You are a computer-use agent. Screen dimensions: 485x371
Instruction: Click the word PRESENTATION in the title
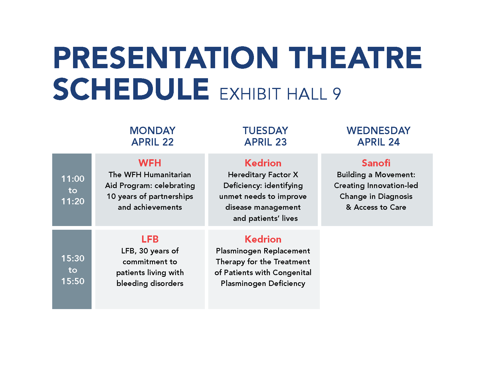[x=166, y=58]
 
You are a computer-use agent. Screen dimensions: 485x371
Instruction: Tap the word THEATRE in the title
[x=355, y=58]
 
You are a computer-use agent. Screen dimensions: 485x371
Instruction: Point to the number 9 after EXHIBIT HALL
[x=337, y=94]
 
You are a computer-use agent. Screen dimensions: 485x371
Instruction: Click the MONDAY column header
[x=153, y=130]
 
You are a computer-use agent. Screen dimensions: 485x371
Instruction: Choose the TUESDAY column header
[x=265, y=130]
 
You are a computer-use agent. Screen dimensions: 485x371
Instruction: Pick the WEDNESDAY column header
[x=379, y=130]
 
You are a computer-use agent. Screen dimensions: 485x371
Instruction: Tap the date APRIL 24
[x=379, y=142]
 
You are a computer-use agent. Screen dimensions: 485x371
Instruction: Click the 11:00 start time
[x=73, y=179]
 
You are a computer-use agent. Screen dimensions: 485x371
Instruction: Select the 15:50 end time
[x=73, y=281]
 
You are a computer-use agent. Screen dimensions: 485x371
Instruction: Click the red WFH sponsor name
[x=150, y=163]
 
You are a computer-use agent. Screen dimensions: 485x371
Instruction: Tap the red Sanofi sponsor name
[x=376, y=163]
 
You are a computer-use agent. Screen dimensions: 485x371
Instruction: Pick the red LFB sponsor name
[x=150, y=239]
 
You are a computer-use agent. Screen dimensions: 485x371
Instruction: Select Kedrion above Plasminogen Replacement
[x=263, y=239]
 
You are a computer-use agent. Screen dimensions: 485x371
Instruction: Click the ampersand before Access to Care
[x=349, y=207]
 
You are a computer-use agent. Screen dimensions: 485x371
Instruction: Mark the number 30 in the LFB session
[x=144, y=251]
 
